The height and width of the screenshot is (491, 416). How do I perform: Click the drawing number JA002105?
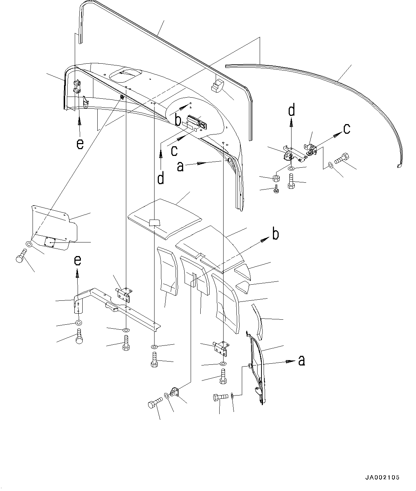click(382, 477)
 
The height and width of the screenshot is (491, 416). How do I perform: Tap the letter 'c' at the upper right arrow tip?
click(346, 129)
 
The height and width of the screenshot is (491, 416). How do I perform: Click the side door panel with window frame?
click(258, 368)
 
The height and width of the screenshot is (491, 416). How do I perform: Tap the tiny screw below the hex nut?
click(276, 190)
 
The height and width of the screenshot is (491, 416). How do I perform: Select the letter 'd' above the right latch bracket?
click(292, 111)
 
